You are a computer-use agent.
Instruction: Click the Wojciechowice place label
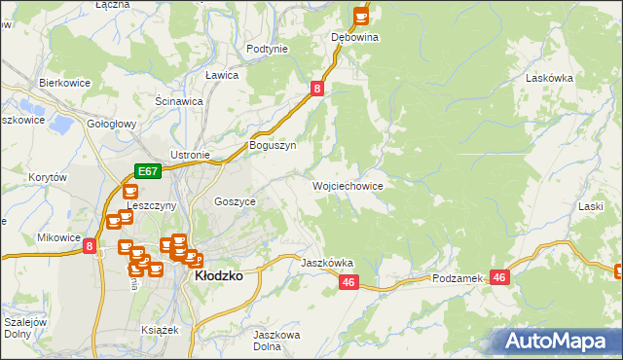(347, 185)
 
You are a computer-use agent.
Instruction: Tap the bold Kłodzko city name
(219, 275)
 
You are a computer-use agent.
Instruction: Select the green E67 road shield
(147, 170)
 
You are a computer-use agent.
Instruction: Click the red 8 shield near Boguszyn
(317, 89)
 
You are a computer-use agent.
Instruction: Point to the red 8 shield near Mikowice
(90, 247)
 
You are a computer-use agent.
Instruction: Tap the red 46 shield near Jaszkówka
(349, 281)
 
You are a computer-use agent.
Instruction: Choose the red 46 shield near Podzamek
(499, 277)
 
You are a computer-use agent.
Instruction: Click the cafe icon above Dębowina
(361, 16)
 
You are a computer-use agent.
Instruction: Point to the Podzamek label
(458, 278)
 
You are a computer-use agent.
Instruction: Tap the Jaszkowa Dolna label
(274, 341)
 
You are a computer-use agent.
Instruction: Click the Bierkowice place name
(64, 83)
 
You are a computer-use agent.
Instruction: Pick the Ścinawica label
(179, 100)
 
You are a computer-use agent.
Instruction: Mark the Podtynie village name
(267, 49)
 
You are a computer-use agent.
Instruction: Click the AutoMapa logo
(559, 342)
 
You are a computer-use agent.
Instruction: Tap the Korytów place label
(47, 178)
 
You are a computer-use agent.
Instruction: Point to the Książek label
(160, 330)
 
